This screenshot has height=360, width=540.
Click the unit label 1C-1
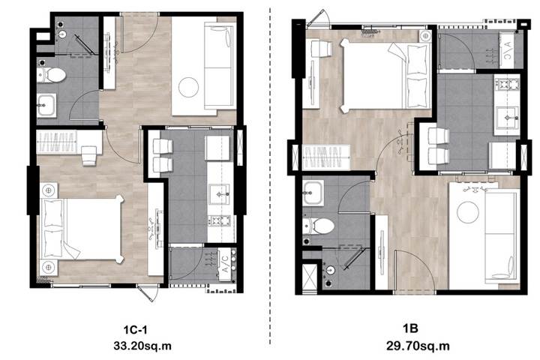(135, 330)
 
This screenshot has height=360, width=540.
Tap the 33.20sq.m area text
(142, 346)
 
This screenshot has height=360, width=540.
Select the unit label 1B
(410, 328)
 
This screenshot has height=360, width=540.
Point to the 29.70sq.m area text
(418, 346)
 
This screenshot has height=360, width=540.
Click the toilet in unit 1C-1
(52, 75)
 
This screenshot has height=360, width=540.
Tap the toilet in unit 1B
(319, 226)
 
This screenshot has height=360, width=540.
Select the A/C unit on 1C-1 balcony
(225, 263)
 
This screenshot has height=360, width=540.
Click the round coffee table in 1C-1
(188, 87)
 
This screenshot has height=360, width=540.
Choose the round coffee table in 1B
(468, 212)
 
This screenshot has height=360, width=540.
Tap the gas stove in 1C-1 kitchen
(219, 220)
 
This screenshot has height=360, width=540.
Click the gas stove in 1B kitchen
(506, 85)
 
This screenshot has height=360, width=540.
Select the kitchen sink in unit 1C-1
(219, 194)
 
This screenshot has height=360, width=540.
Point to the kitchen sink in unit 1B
(506, 117)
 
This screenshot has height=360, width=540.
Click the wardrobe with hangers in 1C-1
(57, 142)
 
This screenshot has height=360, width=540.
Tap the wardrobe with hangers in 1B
(325, 157)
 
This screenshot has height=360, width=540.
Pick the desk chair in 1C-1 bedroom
(88, 156)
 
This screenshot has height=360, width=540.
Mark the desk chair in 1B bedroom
(321, 49)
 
